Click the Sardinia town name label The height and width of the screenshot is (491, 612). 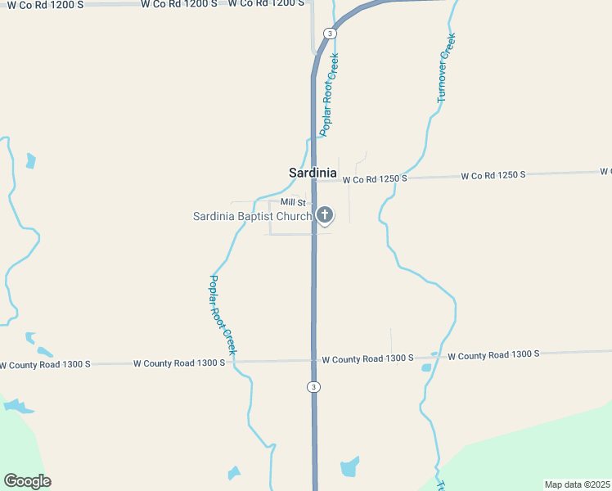(x=313, y=173)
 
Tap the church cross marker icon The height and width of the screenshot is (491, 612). (x=325, y=215)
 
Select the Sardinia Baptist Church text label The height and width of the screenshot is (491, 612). (x=252, y=216)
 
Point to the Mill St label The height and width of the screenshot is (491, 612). (x=292, y=202)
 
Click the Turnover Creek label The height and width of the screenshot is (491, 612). (x=446, y=67)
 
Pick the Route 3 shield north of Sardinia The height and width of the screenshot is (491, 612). (x=329, y=34)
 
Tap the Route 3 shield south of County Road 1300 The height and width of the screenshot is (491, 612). (x=313, y=386)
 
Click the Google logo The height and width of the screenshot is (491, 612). (x=27, y=481)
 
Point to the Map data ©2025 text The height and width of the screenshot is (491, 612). (x=578, y=484)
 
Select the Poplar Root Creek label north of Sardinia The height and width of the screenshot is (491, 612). (x=329, y=94)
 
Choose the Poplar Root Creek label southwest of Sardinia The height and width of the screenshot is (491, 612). (x=221, y=314)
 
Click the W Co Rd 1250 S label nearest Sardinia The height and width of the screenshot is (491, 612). (x=375, y=178)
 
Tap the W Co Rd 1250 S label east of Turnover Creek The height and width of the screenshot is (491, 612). (x=493, y=175)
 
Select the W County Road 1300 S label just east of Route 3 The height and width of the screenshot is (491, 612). (x=368, y=358)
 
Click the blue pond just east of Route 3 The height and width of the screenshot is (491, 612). (x=350, y=466)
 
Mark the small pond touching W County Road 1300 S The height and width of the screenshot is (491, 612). (x=426, y=367)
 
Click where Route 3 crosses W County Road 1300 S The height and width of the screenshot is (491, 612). (x=314, y=360)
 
